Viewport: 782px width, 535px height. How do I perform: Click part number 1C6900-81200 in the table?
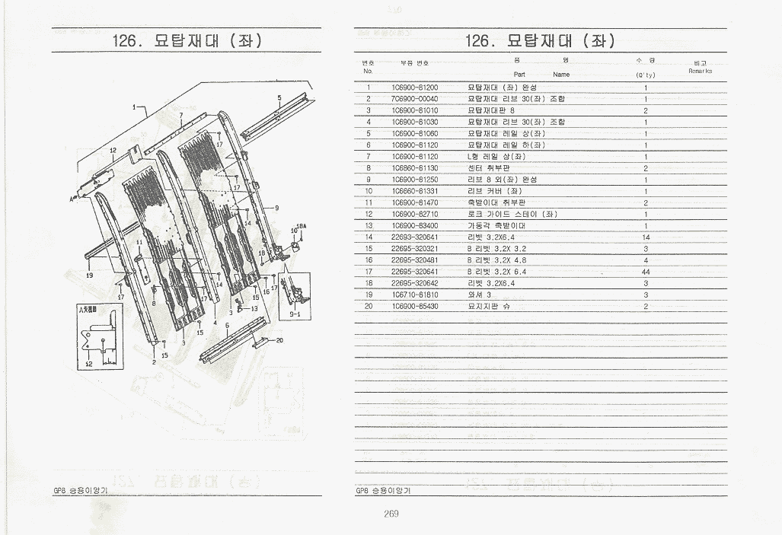414,88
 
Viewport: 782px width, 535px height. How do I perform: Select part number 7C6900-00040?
414,99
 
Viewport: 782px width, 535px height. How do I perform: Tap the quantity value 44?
646,272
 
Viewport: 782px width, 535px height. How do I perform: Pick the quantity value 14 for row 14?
646,237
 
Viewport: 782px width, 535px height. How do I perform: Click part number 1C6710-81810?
414,295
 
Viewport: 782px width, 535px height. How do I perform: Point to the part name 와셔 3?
480,295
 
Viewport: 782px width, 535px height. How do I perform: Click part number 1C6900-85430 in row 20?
414,306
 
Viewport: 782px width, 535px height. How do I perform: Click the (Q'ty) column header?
646,75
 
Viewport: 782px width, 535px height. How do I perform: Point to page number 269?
391,513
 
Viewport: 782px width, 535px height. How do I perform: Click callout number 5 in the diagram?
279,98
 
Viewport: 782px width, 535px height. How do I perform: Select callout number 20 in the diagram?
279,340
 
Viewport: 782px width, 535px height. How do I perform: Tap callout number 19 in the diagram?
90,275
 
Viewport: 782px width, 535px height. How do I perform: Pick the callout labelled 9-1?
295,313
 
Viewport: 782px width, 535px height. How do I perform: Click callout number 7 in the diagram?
181,116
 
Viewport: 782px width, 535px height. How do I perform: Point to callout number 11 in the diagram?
138,242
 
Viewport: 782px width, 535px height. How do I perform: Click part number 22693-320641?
414,237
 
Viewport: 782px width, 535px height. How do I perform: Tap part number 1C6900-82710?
414,214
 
